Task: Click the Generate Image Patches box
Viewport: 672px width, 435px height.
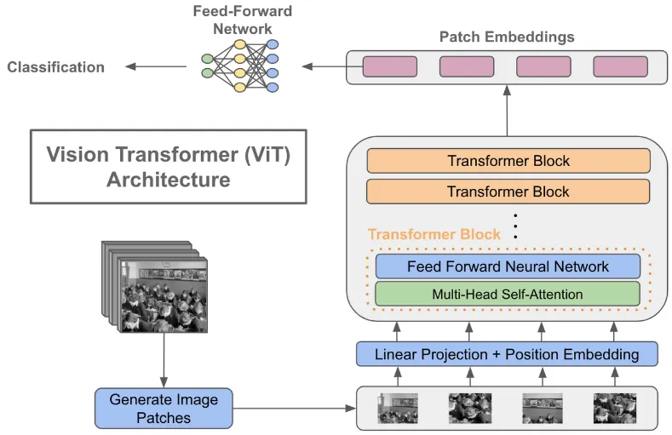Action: coord(164,408)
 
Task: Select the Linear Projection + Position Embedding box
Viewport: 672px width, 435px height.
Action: coord(507,354)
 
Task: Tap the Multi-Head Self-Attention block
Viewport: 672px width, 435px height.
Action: coord(507,295)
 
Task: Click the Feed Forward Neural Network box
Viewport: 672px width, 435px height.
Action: coord(507,266)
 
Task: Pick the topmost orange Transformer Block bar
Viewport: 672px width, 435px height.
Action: coord(508,161)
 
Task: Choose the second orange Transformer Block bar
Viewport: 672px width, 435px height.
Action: coord(508,192)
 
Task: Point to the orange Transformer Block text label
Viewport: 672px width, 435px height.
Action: coord(422,234)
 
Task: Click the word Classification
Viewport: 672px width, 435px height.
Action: coord(56,67)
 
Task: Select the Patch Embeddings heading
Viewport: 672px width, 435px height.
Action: coord(507,37)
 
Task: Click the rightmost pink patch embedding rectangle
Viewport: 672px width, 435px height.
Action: coord(620,66)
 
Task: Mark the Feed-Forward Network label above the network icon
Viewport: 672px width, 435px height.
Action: coord(242,19)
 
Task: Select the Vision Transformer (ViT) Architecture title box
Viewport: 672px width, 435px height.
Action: coord(168,167)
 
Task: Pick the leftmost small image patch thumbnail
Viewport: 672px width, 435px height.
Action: coord(398,408)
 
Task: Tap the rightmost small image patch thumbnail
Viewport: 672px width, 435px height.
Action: coord(615,408)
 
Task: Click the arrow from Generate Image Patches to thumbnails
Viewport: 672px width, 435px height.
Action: coord(293,409)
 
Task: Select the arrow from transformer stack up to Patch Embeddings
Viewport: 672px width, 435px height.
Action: coord(508,111)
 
